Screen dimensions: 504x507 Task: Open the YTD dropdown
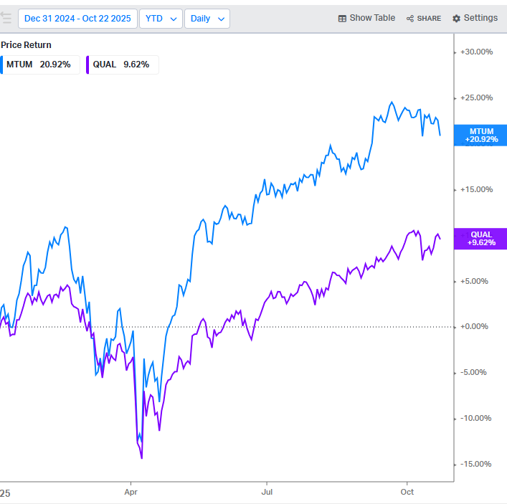click(x=160, y=19)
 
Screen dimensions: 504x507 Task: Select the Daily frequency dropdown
click(x=207, y=19)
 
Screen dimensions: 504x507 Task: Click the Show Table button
click(x=366, y=18)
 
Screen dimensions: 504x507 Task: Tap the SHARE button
click(x=424, y=19)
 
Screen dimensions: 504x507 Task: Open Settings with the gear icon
click(x=475, y=18)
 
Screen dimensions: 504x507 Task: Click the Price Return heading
click(x=26, y=44)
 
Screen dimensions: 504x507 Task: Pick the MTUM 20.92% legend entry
click(x=39, y=65)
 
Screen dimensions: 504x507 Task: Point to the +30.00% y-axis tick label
click(x=477, y=52)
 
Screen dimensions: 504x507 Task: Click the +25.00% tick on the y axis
click(x=477, y=98)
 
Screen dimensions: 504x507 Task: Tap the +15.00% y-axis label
click(x=477, y=189)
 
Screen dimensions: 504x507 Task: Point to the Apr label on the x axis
click(x=131, y=493)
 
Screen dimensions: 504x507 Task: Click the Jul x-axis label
click(x=267, y=493)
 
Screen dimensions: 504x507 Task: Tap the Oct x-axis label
click(x=407, y=493)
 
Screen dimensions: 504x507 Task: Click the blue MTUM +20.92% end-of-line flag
click(x=481, y=135)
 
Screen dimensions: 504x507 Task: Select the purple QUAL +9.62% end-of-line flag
click(x=481, y=238)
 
